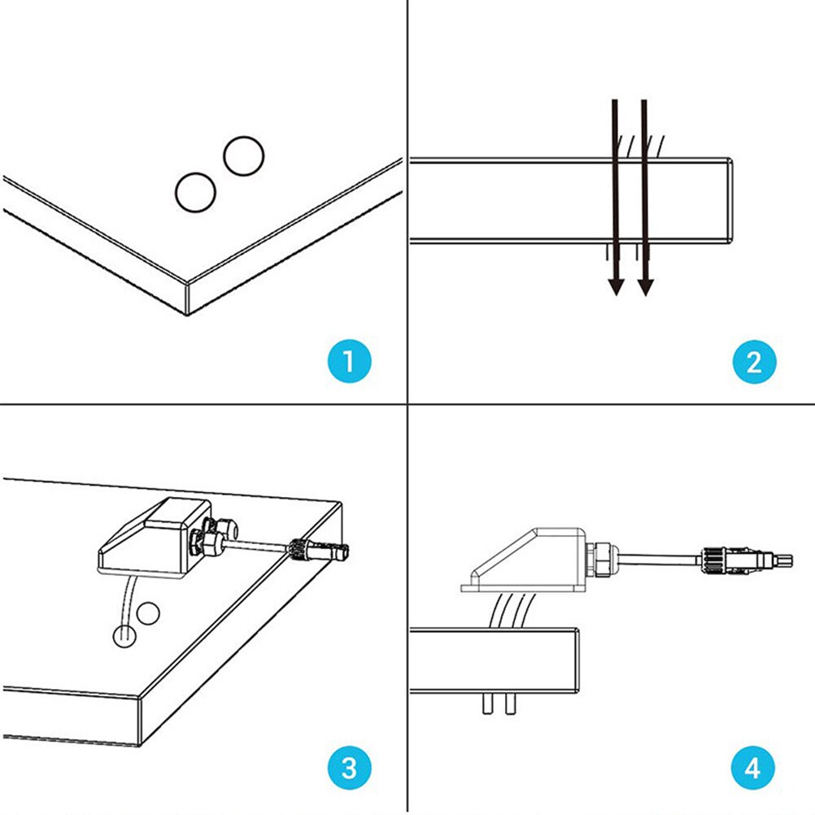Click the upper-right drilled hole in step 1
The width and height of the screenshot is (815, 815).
coord(243,156)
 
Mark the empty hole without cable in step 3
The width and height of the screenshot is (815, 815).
coord(148,614)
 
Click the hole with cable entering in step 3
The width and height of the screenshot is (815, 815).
coord(123,634)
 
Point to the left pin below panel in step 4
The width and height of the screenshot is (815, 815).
coord(487,704)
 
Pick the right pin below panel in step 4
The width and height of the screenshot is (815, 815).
coord(510,704)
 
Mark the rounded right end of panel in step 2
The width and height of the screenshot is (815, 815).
coord(731,201)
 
